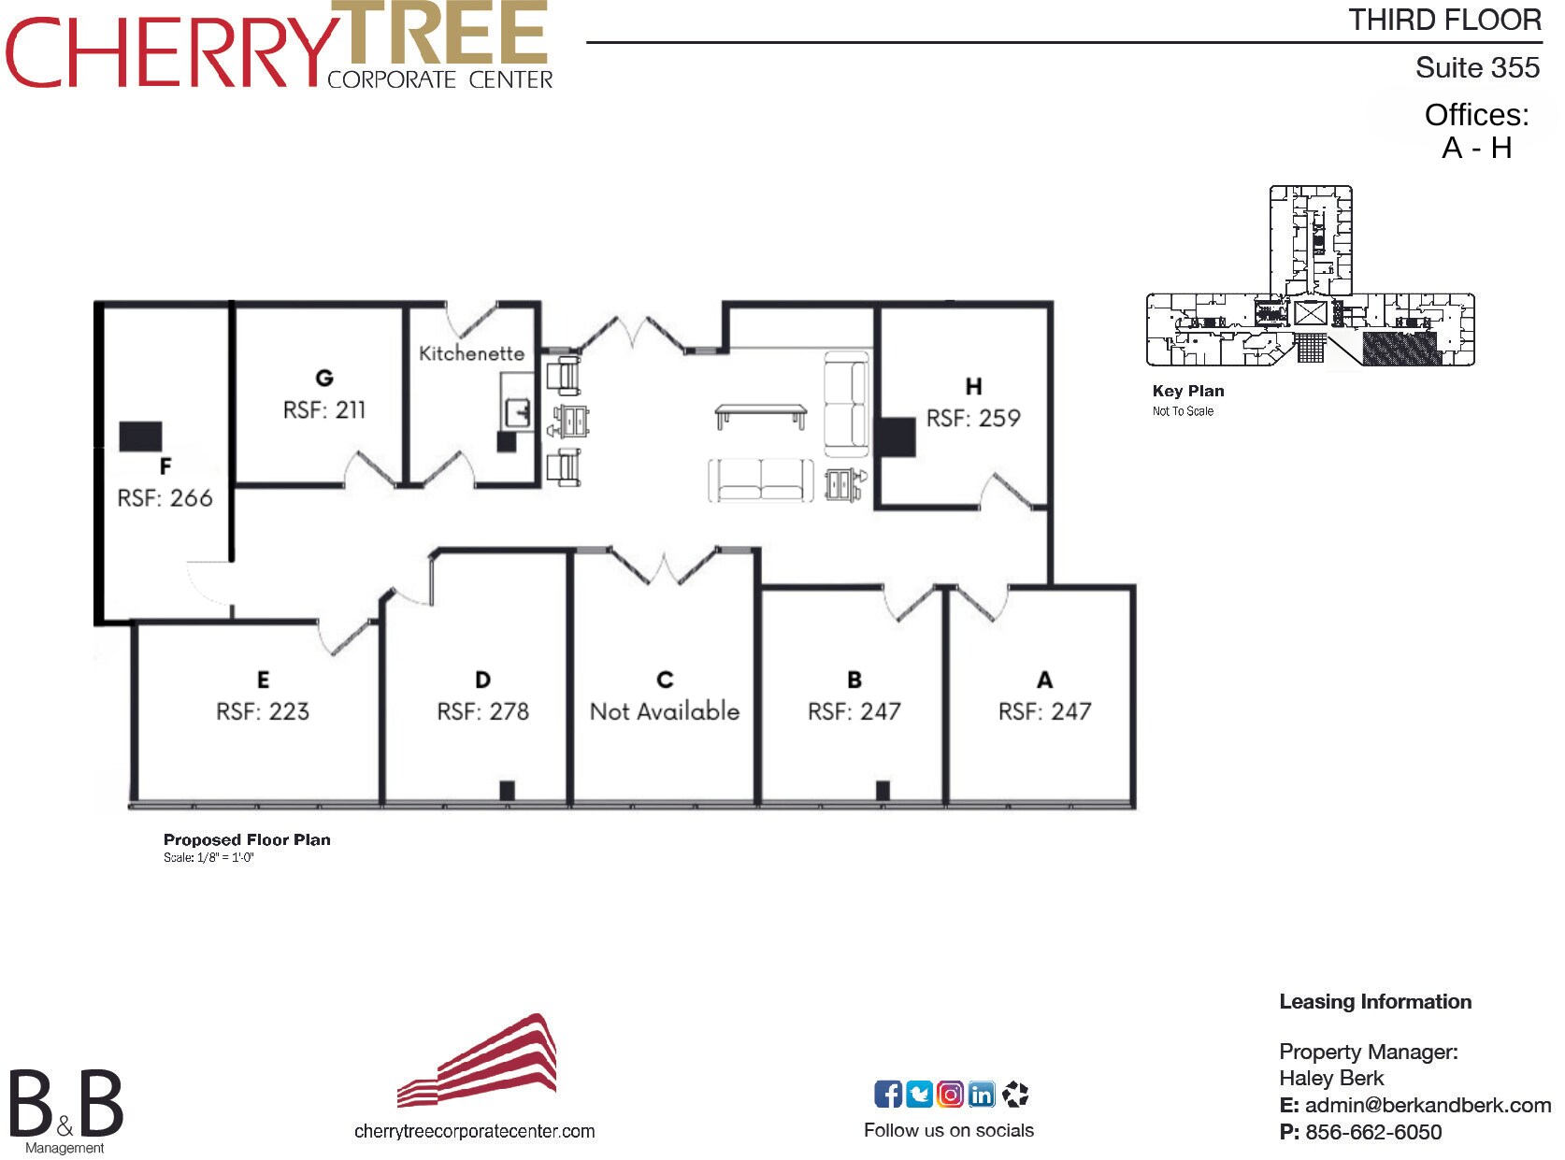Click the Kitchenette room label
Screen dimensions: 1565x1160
coord(471,352)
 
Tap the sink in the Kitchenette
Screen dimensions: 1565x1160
coord(518,412)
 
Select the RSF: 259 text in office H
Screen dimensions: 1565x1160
coord(973,418)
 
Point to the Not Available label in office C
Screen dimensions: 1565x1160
coord(665,710)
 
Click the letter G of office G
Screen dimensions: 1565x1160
coord(323,379)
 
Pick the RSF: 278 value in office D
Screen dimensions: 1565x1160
coord(482,710)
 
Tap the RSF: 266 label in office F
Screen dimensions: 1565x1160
coord(165,497)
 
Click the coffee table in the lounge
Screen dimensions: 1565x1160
coord(761,416)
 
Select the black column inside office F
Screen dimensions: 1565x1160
coord(140,437)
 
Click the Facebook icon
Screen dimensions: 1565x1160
coord(887,1094)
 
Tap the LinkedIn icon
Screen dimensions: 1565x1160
coord(981,1094)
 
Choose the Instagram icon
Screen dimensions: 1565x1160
coord(950,1094)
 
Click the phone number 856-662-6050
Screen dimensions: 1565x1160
coord(1373,1132)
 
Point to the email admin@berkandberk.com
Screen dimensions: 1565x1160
coord(1428,1104)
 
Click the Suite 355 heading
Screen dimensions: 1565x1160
coord(1477,67)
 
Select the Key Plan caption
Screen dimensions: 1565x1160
coord(1188,391)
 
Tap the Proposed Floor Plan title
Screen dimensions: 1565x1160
coord(247,839)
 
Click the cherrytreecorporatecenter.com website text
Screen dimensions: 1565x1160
coord(474,1131)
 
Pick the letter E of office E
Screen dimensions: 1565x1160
coord(264,680)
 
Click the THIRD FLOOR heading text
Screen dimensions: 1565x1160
coord(1444,20)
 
